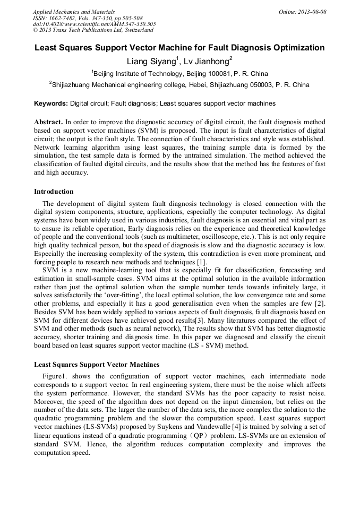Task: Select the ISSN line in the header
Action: [88, 18]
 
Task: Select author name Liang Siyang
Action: [151, 61]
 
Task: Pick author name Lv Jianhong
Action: [208, 61]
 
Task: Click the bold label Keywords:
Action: [51, 103]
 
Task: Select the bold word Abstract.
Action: [48, 122]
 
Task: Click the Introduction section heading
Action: [54, 192]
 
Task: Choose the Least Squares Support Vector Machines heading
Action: [97, 365]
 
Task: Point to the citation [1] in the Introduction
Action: [202, 262]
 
